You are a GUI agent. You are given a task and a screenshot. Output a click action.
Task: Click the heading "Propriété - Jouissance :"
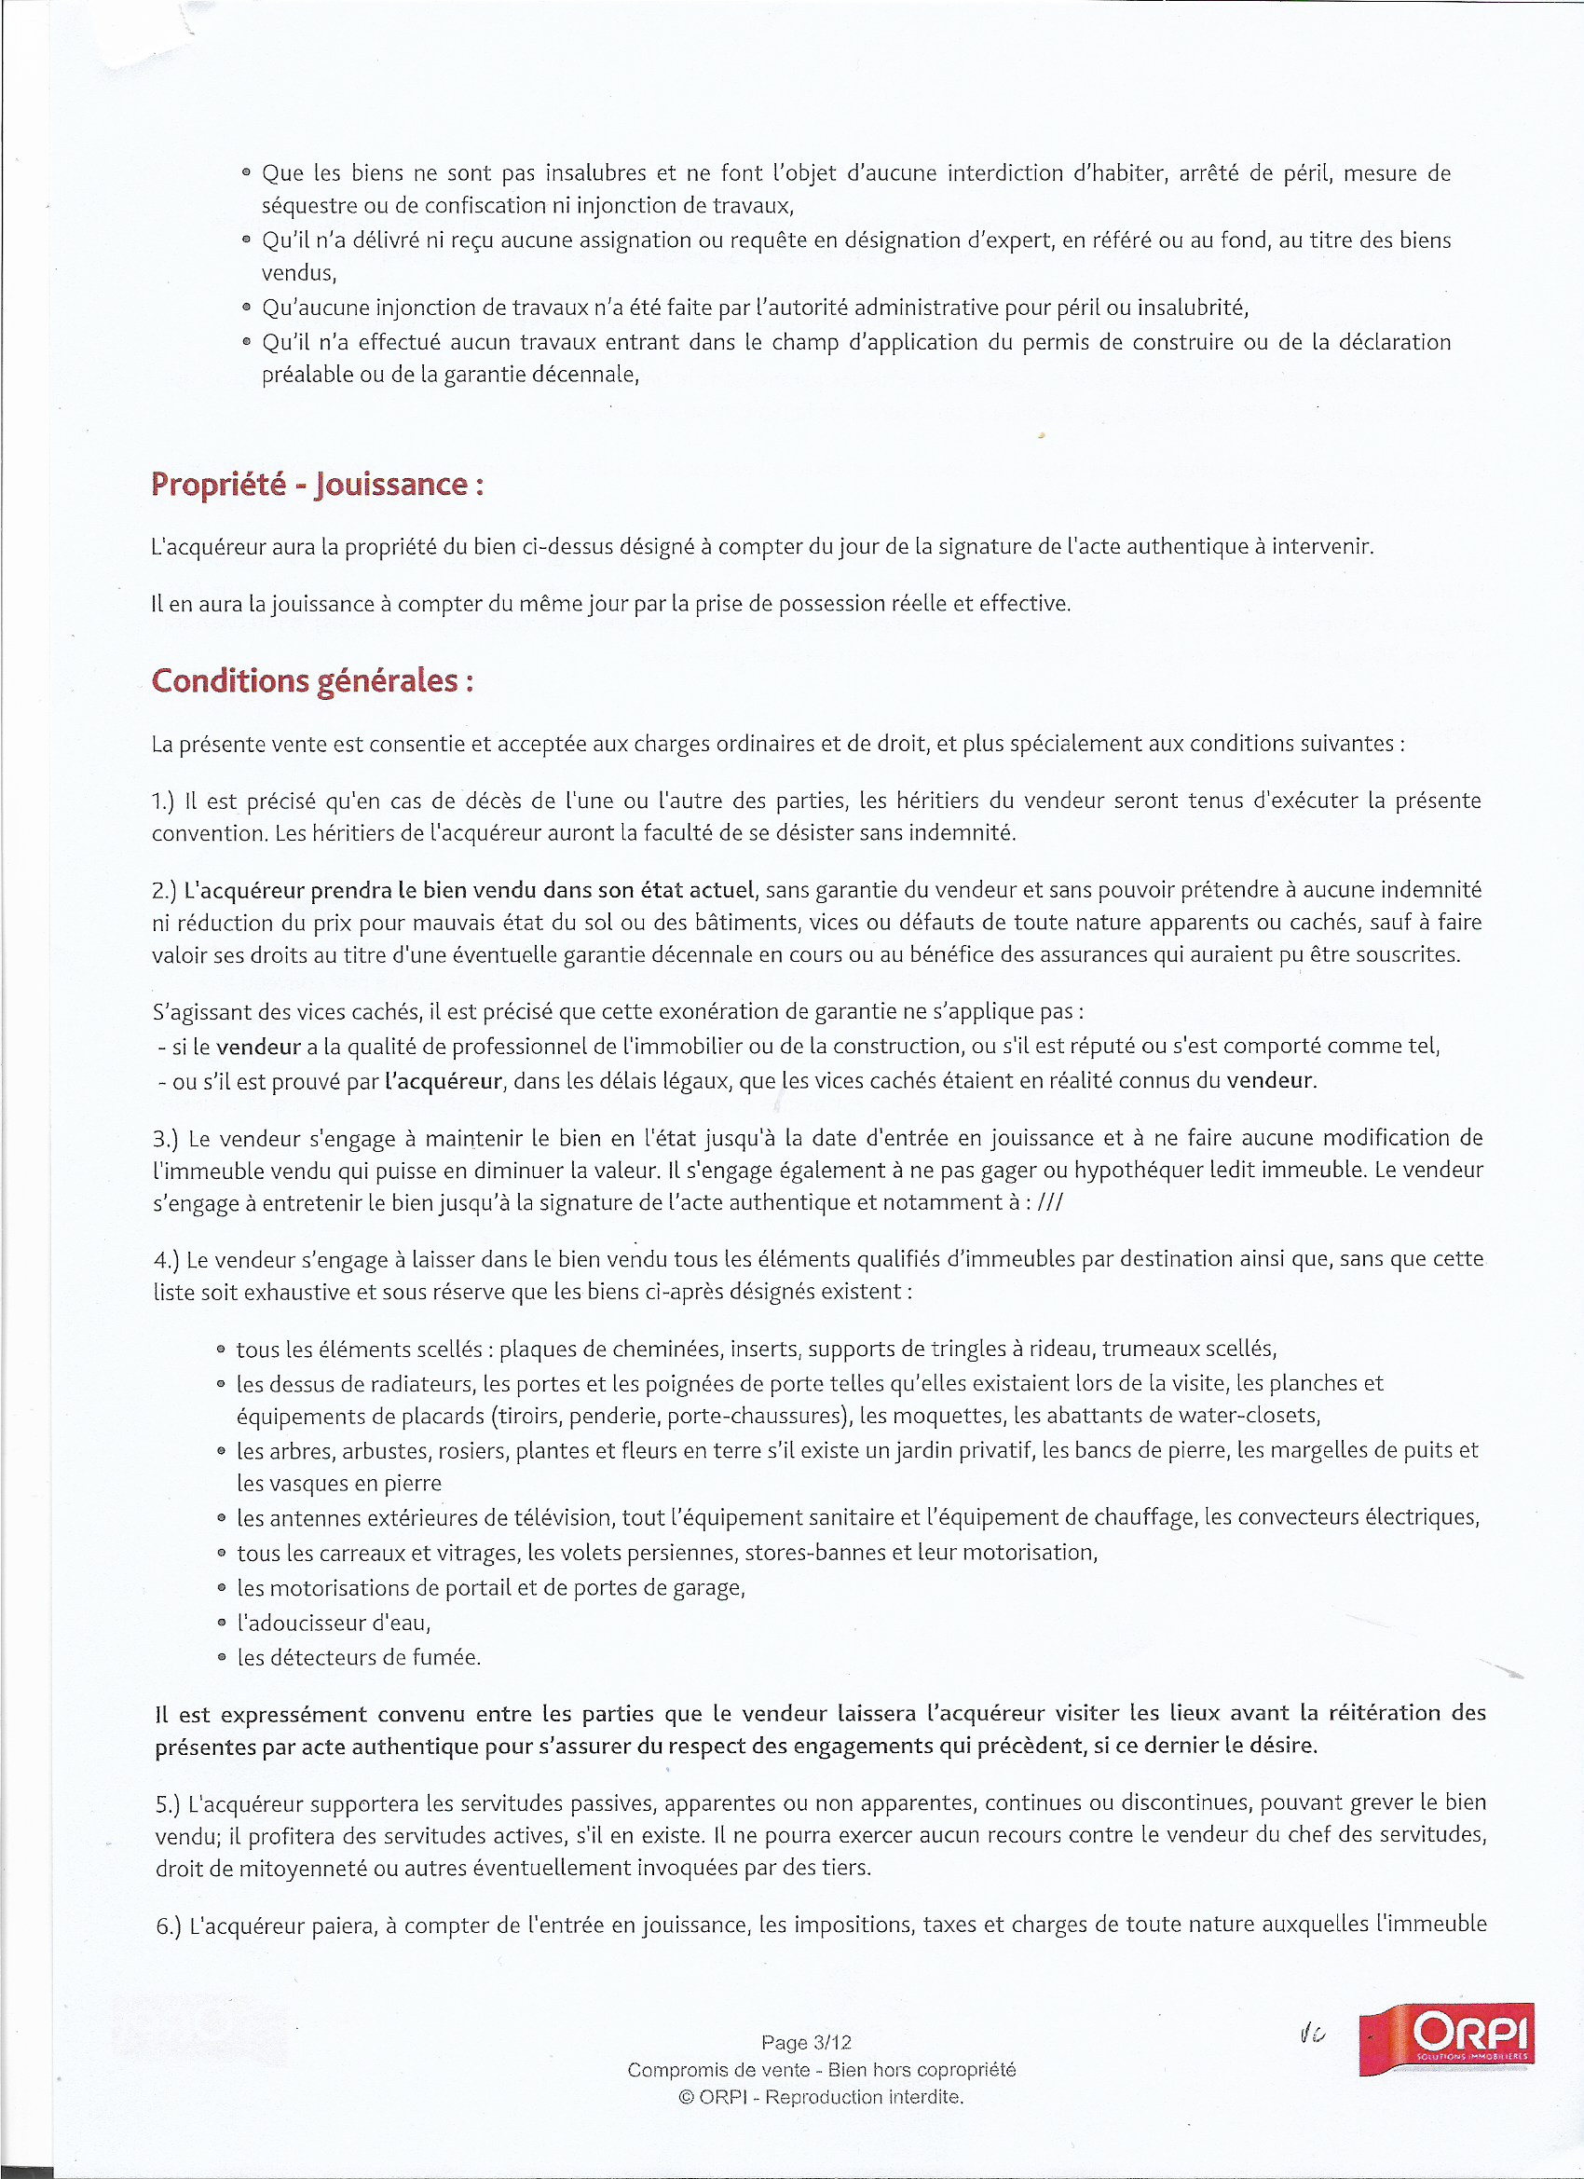coord(317,485)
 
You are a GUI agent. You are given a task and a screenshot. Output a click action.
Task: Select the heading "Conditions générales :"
coord(312,680)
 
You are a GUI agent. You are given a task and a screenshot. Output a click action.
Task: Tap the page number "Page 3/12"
coord(806,2042)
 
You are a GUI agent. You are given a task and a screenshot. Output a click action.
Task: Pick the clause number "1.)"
coord(164,802)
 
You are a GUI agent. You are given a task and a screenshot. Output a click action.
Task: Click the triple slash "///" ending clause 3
coord(1050,1203)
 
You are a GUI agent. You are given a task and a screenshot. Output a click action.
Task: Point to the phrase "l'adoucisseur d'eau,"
coord(334,1623)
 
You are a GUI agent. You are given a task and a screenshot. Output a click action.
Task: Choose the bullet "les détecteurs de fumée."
coord(359,1657)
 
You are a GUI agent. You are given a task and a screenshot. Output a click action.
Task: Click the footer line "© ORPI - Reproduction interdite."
coord(820,2097)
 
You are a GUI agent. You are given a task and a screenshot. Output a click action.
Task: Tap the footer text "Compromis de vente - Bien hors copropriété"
coord(821,2069)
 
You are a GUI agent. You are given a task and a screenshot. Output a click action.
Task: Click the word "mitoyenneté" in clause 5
coord(303,1869)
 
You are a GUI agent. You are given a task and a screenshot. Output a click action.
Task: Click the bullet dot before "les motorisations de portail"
coord(222,1588)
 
